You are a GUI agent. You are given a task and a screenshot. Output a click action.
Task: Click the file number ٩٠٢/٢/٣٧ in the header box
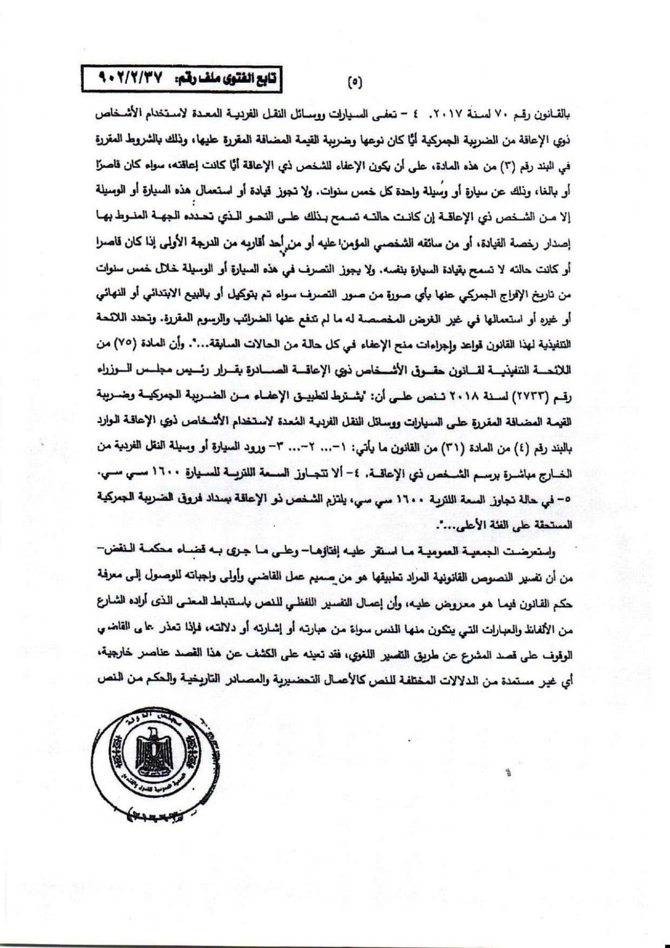click(x=127, y=78)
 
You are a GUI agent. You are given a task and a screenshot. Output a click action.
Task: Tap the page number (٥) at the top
click(x=355, y=82)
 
